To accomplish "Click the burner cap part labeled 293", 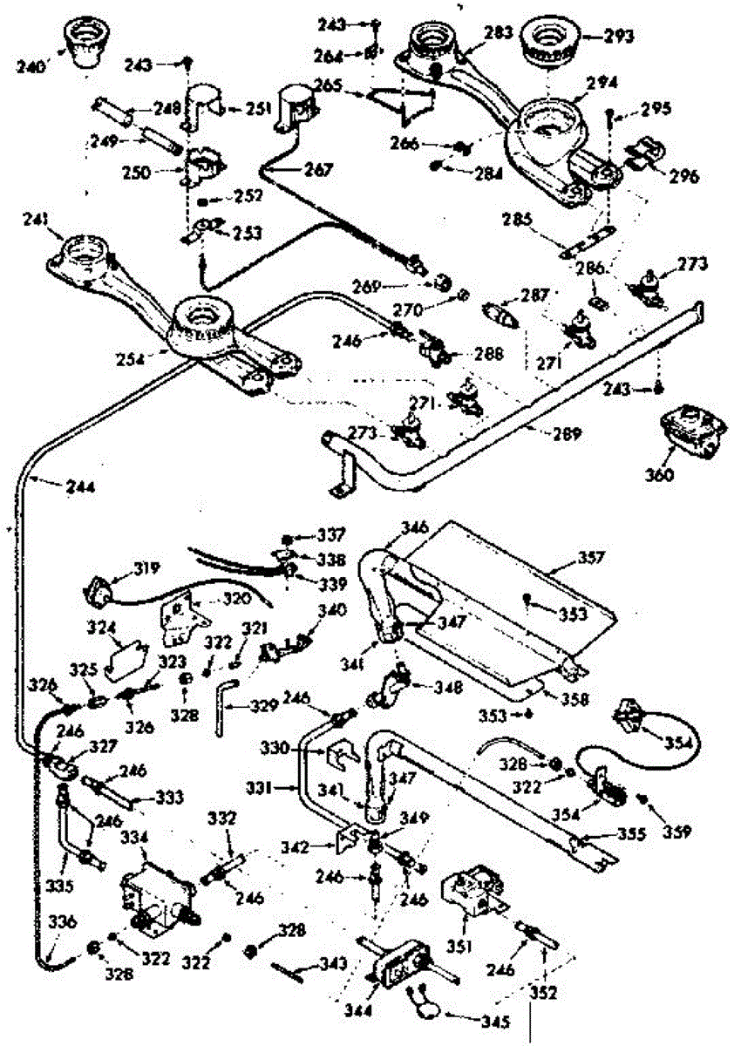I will pos(550,40).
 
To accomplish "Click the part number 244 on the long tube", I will pos(81,486).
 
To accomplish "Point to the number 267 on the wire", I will pos(318,171).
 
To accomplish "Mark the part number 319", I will pos(121,570).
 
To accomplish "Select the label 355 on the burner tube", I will pos(628,833).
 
